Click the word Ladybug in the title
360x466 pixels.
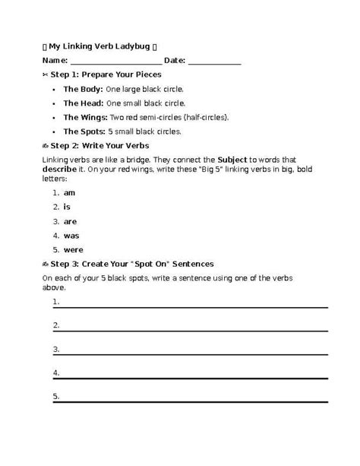pyautogui.click(x=132, y=46)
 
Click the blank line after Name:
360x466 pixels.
pyautogui.click(x=115, y=62)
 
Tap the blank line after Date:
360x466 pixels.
pyautogui.click(x=214, y=62)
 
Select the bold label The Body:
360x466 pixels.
pyautogui.click(x=83, y=89)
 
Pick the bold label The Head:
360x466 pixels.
pyautogui.click(x=83, y=103)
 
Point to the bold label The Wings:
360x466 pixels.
pyautogui.click(x=85, y=117)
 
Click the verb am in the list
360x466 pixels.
pyautogui.click(x=69, y=193)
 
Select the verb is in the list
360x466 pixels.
pyautogui.click(x=67, y=207)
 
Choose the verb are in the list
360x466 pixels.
pyautogui.click(x=70, y=221)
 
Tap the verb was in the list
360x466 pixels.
pyautogui.click(x=71, y=236)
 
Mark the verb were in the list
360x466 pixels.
pyautogui.click(x=73, y=249)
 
